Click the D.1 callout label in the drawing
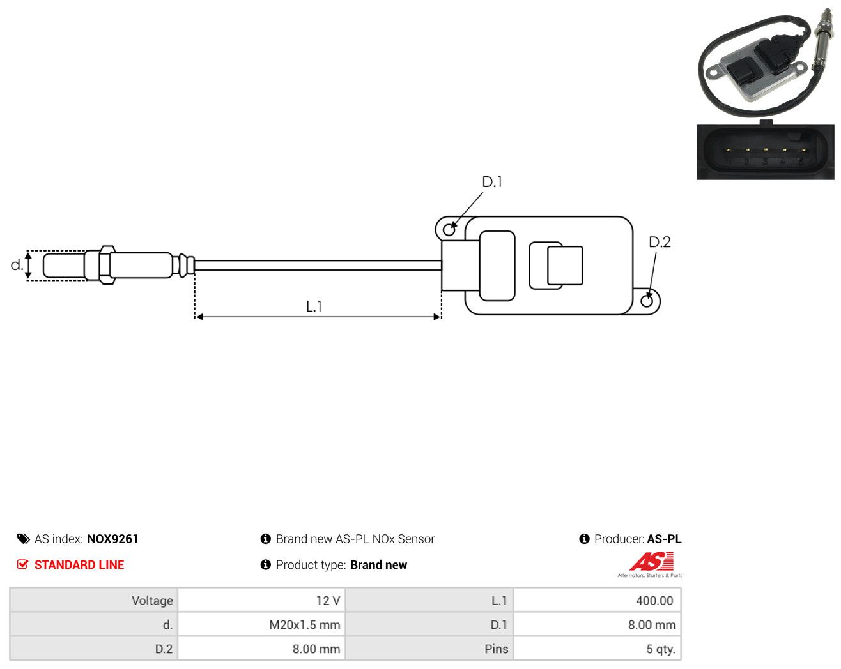coord(491,182)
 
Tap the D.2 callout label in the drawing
coord(660,242)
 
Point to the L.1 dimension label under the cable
coord(314,306)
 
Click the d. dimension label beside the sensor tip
coord(17,265)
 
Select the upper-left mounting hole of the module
coord(449,230)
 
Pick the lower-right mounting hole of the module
coord(647,301)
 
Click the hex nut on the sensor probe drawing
coord(107,265)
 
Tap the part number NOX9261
coord(112,539)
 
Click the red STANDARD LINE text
coord(79,565)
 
